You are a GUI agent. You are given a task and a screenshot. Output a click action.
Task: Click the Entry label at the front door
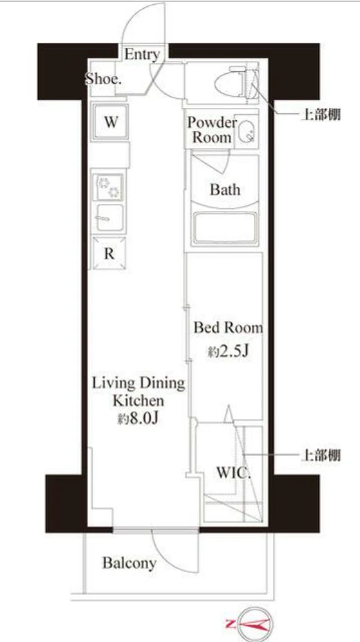pos(141,55)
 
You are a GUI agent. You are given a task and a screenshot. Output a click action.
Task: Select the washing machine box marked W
pos(110,122)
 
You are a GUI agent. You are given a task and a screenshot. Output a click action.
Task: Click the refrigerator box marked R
pos(109,253)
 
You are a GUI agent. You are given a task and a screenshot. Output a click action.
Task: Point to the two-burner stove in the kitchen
pos(108,187)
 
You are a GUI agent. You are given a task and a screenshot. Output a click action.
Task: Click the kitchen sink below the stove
pos(109,218)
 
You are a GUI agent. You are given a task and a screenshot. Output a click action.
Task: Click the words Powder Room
pos(212,129)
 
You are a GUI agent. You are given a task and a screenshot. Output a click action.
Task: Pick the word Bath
pos(225,190)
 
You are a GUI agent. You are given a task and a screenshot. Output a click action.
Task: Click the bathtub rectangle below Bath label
pos(225,229)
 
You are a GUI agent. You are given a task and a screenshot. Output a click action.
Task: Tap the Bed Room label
pos(228,327)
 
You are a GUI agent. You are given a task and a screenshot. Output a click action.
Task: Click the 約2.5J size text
pos(228,351)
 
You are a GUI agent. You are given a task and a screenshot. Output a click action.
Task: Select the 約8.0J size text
pos(138,419)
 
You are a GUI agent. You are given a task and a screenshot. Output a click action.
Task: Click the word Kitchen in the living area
pos(138,400)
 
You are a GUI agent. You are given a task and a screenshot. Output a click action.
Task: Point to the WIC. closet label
pos(233,473)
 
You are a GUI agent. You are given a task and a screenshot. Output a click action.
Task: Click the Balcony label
pos(129,562)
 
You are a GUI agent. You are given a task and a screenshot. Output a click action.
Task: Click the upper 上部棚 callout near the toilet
pos(321,115)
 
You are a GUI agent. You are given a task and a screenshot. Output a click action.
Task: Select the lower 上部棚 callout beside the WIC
pos(321,455)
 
